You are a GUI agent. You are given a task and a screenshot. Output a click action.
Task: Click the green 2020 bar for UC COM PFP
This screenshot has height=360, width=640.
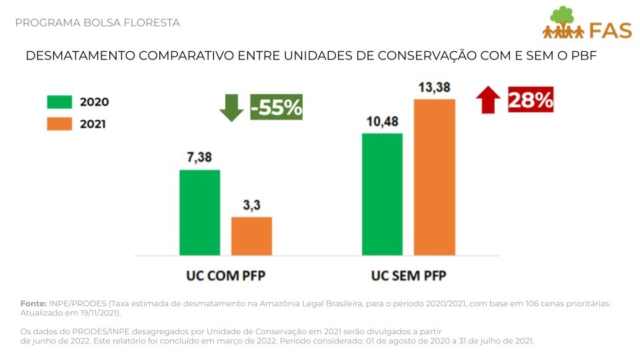[x=199, y=212]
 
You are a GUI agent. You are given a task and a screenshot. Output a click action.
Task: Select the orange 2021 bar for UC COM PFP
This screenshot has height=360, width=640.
[x=251, y=236]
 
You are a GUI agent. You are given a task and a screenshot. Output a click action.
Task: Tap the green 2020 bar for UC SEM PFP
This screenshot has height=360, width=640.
[x=382, y=194]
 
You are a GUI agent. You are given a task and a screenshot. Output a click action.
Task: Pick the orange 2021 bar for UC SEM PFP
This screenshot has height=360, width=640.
[x=434, y=177]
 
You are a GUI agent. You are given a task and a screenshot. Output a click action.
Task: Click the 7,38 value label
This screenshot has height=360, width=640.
[x=199, y=157]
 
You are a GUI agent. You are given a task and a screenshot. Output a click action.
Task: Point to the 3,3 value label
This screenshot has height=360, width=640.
[x=251, y=205]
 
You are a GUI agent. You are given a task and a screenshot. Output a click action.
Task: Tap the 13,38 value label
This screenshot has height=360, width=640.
[x=434, y=87]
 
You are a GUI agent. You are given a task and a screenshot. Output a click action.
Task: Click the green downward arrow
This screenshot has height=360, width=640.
[x=231, y=107]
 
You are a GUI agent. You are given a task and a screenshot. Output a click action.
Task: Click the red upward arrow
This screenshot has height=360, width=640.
[x=488, y=101]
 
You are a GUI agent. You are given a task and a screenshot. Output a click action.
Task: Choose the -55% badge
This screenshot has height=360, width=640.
[x=277, y=107]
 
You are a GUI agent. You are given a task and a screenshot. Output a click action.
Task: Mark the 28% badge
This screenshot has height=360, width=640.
[x=531, y=101]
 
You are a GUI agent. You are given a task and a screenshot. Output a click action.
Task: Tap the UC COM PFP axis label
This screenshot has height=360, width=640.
[x=225, y=275]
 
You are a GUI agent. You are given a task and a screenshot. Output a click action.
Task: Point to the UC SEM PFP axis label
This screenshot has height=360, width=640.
[x=408, y=275]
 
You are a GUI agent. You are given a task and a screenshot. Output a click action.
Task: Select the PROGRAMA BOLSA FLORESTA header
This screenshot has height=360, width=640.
[x=97, y=23]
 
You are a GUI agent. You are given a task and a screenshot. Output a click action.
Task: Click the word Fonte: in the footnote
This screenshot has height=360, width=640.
[x=33, y=304]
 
